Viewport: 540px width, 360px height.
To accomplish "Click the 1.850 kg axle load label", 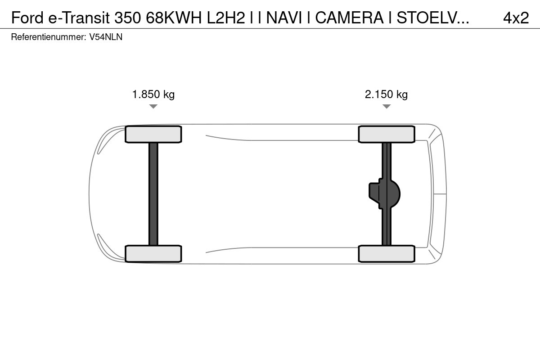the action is tap(153, 94).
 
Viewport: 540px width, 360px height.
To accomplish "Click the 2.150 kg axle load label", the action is tap(386, 94).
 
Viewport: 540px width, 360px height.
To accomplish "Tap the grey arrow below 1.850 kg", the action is tap(153, 106).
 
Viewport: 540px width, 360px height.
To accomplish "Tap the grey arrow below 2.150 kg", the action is tap(387, 106).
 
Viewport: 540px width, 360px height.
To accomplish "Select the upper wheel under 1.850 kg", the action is tap(153, 134).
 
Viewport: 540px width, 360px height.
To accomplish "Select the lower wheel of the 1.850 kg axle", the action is tap(153, 254).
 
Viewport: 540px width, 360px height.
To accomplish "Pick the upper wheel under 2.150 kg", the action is tap(387, 134).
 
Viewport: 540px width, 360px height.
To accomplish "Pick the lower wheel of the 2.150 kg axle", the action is tap(387, 254).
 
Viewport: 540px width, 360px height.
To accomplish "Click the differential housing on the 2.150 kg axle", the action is tap(384, 194).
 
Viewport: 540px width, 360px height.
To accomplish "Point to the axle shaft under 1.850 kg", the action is tap(153, 194).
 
